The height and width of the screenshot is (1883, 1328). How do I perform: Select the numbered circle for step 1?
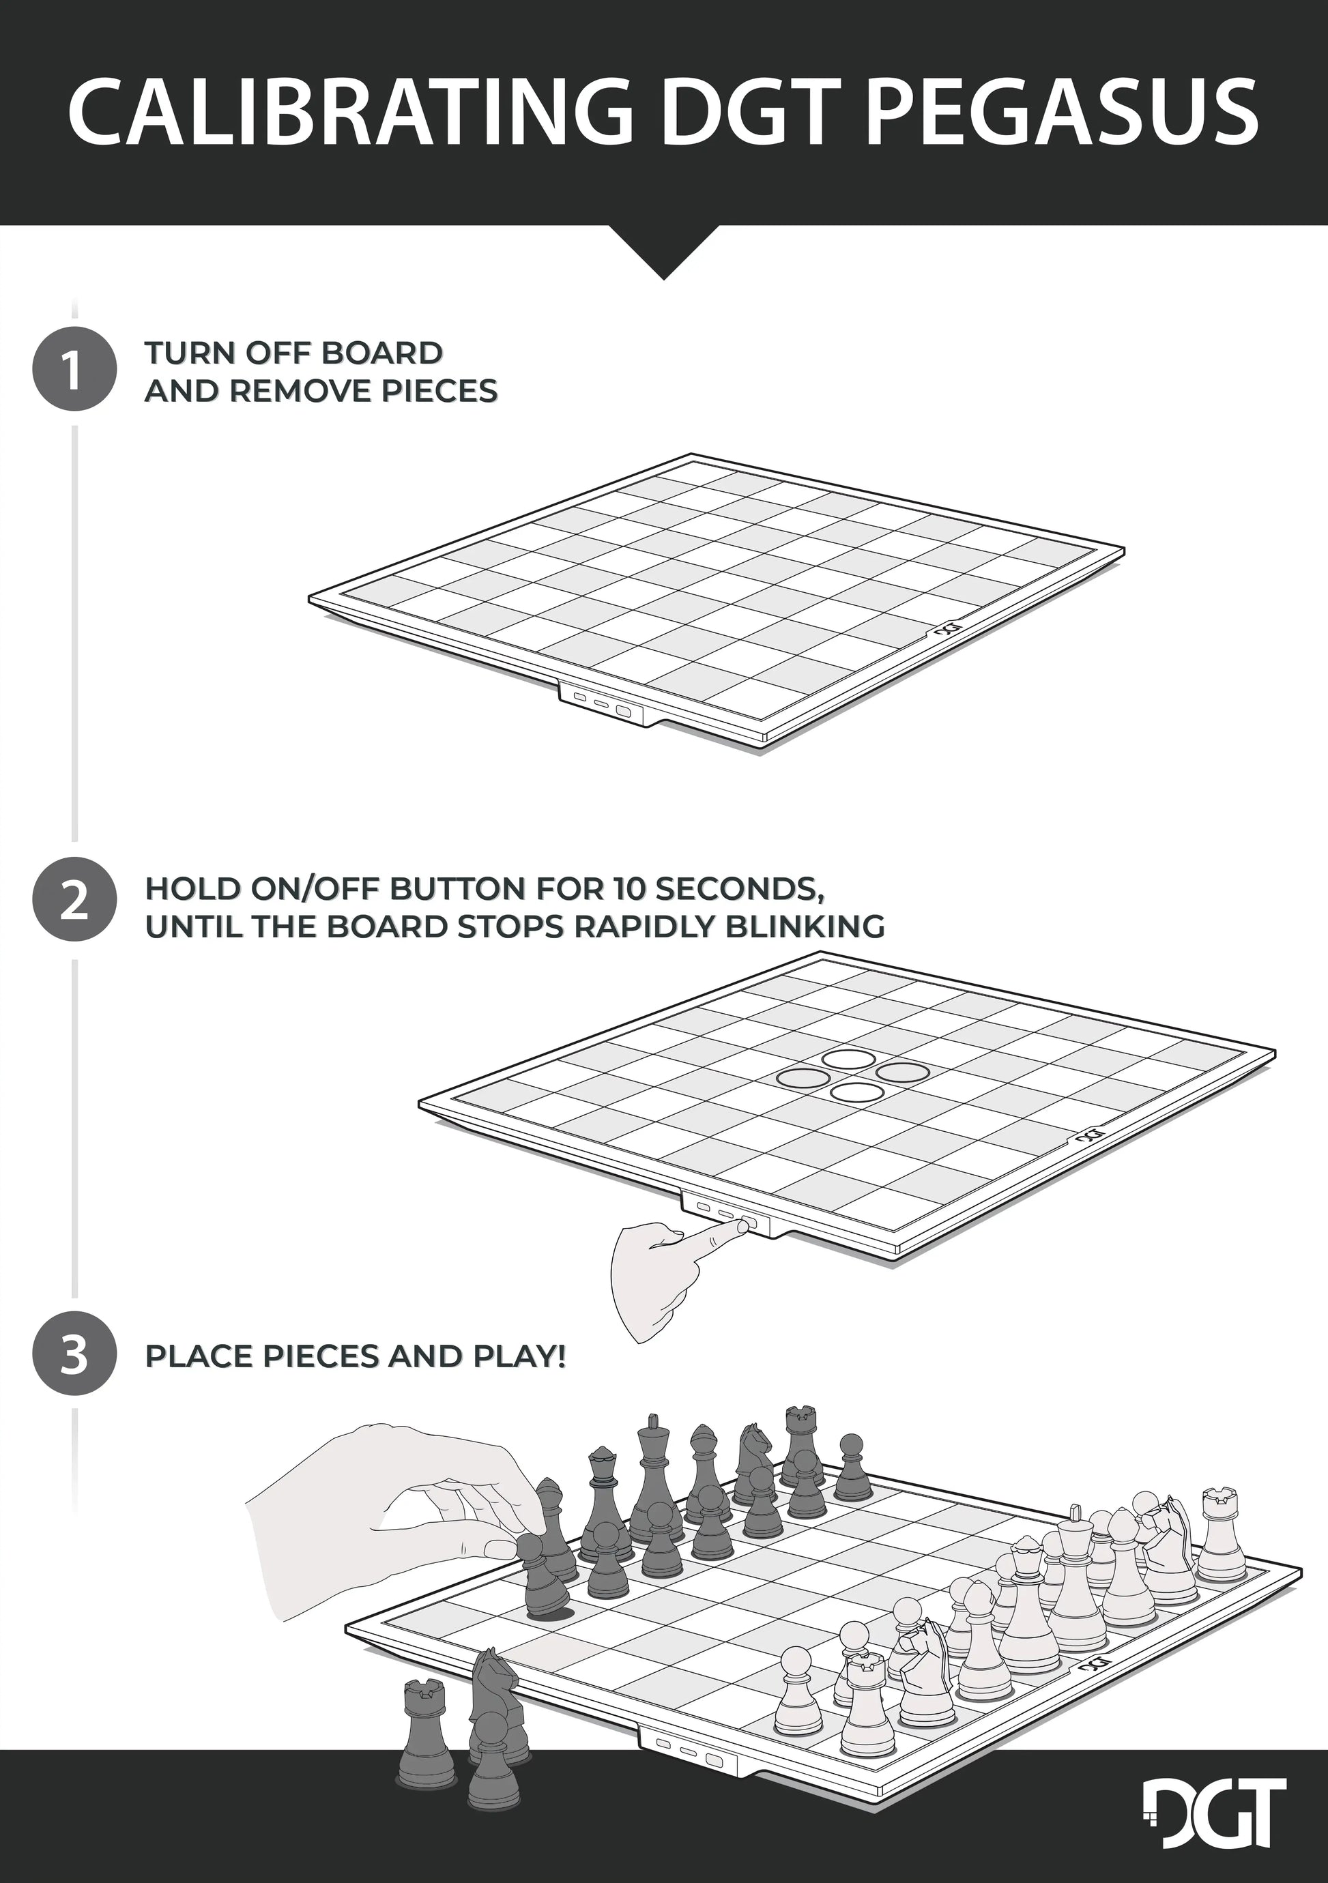click(74, 368)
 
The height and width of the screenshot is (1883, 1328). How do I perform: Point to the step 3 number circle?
click(74, 1352)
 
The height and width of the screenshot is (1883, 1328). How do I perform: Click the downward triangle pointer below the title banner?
click(665, 252)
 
